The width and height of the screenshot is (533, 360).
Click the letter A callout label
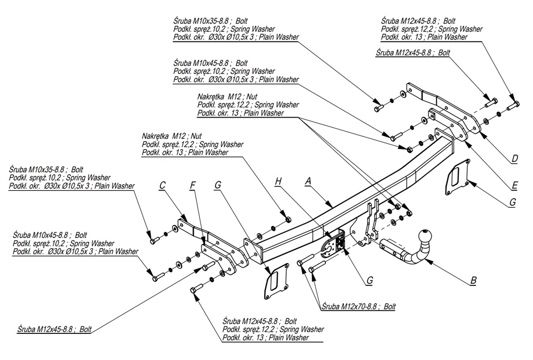(x=308, y=181)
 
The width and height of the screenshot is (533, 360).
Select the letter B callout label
(x=473, y=279)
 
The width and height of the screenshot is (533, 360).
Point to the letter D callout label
(x=514, y=158)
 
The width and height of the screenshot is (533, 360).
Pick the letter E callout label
(x=514, y=185)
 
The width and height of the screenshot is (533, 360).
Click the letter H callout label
(x=278, y=182)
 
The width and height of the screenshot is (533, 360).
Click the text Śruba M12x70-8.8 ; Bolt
(x=358, y=307)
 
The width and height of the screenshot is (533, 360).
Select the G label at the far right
(x=512, y=202)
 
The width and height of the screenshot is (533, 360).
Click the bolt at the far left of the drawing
(x=151, y=240)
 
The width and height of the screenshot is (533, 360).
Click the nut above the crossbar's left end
(x=288, y=219)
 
